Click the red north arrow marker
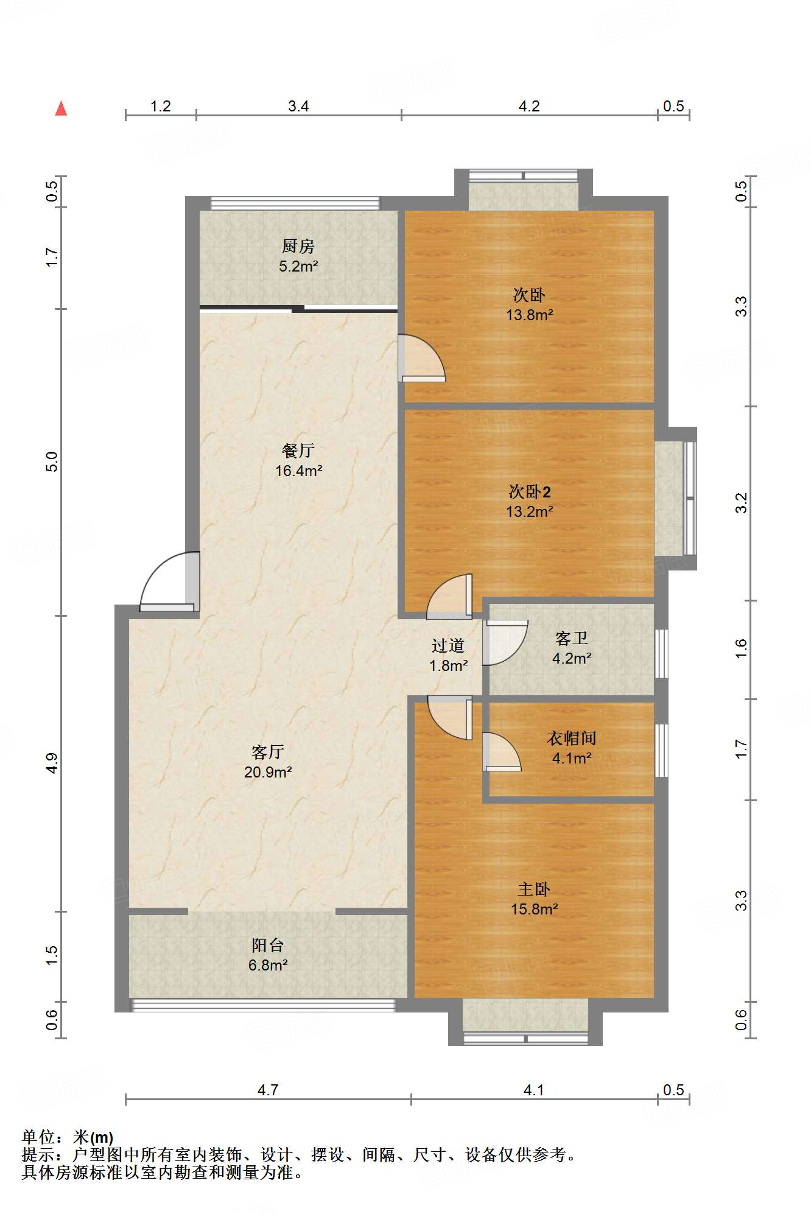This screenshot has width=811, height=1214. point(61,108)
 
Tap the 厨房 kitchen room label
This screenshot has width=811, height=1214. point(298,246)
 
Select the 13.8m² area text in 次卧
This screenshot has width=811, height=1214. point(530,315)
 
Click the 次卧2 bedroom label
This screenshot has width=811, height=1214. point(530,491)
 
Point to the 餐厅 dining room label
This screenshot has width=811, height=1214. point(298,451)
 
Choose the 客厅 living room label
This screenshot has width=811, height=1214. point(268,752)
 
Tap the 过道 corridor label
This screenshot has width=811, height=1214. point(448,645)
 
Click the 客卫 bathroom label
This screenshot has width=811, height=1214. point(572,638)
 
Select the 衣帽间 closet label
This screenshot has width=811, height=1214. point(572,738)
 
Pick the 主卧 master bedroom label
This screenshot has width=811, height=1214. point(534,889)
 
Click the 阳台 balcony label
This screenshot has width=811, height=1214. point(268,945)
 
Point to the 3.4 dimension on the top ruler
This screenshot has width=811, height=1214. point(298,106)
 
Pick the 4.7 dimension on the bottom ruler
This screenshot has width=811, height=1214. point(268,1090)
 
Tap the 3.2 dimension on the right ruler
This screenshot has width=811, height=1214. point(741,503)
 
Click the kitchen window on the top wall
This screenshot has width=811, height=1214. point(295,203)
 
